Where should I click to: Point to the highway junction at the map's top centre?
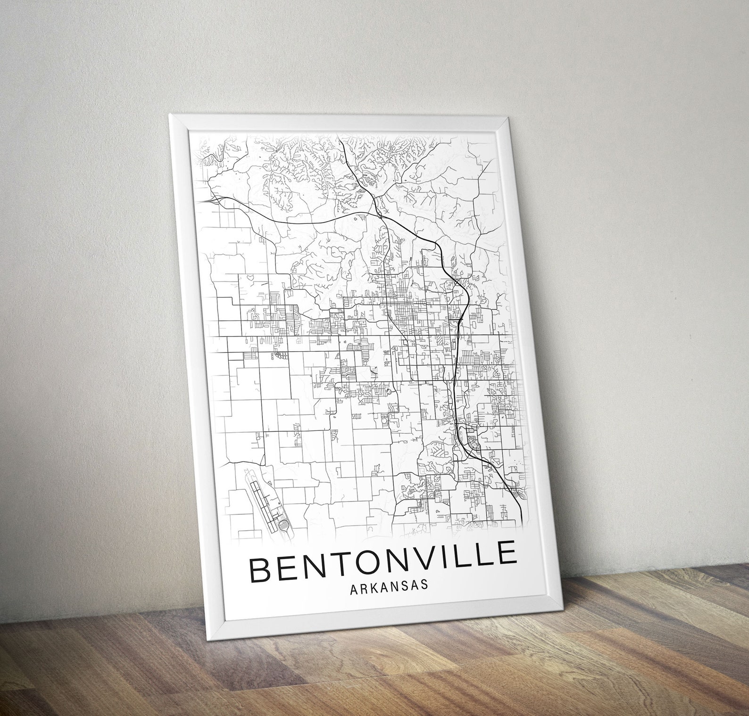[x=379, y=214]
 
